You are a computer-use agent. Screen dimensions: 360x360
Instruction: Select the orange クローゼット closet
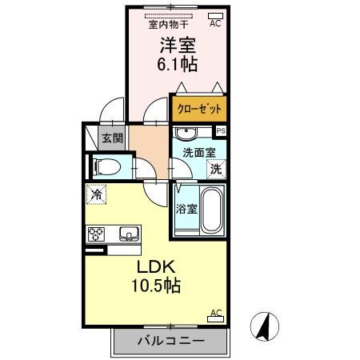point(198,107)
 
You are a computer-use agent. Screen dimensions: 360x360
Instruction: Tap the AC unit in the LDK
point(215,318)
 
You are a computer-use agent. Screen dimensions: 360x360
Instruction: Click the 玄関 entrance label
point(112,138)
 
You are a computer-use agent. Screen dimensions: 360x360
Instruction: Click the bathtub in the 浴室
point(210,210)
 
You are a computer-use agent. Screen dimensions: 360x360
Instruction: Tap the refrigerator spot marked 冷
point(97,194)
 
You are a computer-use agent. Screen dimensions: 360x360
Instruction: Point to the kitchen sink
point(129,234)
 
